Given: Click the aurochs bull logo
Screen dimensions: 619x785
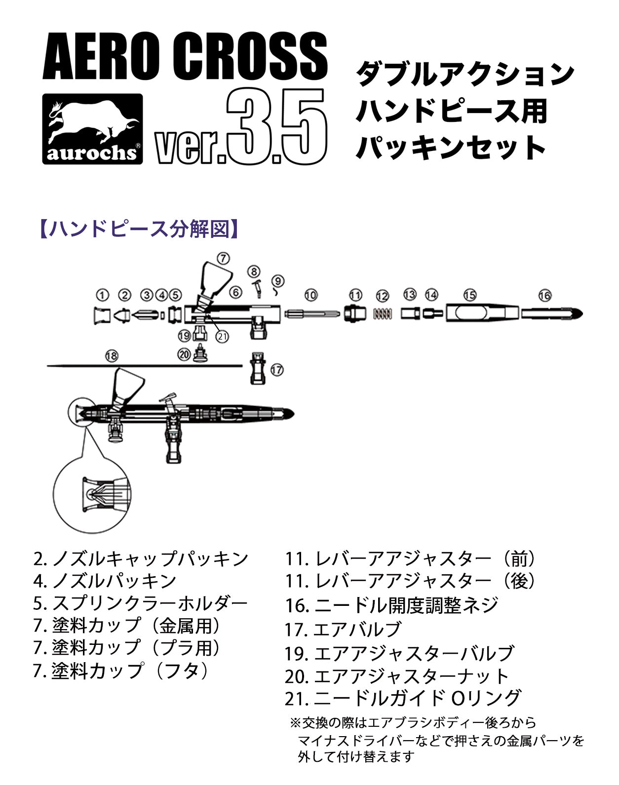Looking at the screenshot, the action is pyautogui.click(x=92, y=129).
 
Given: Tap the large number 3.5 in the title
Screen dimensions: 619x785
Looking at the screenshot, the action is pyautogui.click(x=277, y=127).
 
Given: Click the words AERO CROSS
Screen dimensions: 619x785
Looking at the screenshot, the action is pyautogui.click(x=185, y=56).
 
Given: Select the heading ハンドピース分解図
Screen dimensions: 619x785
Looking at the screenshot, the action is pyautogui.click(x=139, y=229).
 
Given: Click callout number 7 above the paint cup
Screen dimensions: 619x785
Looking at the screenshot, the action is pyautogui.click(x=223, y=258).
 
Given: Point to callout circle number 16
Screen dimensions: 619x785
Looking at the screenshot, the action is pyautogui.click(x=544, y=295).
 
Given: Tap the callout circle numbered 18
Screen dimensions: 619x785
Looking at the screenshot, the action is pyautogui.click(x=112, y=356).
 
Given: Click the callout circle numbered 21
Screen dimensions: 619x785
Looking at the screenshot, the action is pyautogui.click(x=222, y=336).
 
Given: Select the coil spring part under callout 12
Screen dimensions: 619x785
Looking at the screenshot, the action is pyautogui.click(x=383, y=314).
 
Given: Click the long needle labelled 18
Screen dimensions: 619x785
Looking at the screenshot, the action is pyautogui.click(x=145, y=366).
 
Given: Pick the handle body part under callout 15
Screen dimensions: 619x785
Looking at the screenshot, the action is pyautogui.click(x=482, y=313).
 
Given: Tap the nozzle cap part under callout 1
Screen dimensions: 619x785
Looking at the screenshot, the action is pyautogui.click(x=102, y=315).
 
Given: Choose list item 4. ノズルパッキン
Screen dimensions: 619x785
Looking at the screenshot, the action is pyautogui.click(x=105, y=581).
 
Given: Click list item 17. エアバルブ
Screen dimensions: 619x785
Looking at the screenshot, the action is pyautogui.click(x=343, y=629).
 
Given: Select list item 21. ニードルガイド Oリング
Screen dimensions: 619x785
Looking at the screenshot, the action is pyautogui.click(x=403, y=698).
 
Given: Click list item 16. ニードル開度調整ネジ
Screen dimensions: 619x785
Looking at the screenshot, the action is pyautogui.click(x=391, y=605).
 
